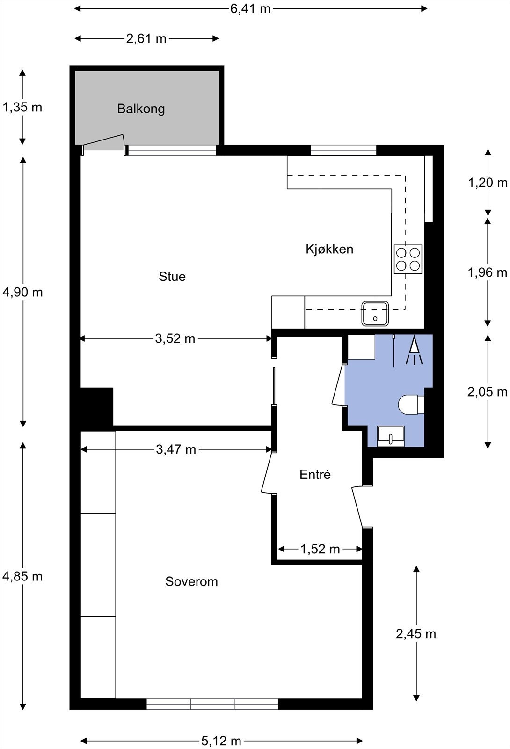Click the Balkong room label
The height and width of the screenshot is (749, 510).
pos(141,109)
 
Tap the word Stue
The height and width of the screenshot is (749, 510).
pos(172,277)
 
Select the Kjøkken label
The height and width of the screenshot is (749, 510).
pos(329,249)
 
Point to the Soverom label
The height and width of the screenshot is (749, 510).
pos(191,582)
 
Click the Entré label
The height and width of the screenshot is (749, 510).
pos(315,475)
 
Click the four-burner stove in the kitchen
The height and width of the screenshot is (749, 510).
pos(408,259)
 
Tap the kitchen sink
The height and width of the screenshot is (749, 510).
pos(375,314)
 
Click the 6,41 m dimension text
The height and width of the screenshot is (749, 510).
pos(250,8)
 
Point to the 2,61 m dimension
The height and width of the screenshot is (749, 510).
pos(146,38)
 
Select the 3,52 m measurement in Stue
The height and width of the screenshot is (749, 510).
pos(175,338)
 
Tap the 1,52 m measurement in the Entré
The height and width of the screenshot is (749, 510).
pos(320,549)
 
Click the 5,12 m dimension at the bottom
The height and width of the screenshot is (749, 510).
pos(221,741)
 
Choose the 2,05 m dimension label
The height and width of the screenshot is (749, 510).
pos(487,392)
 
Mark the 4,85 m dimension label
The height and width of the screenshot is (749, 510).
pos(22,576)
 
